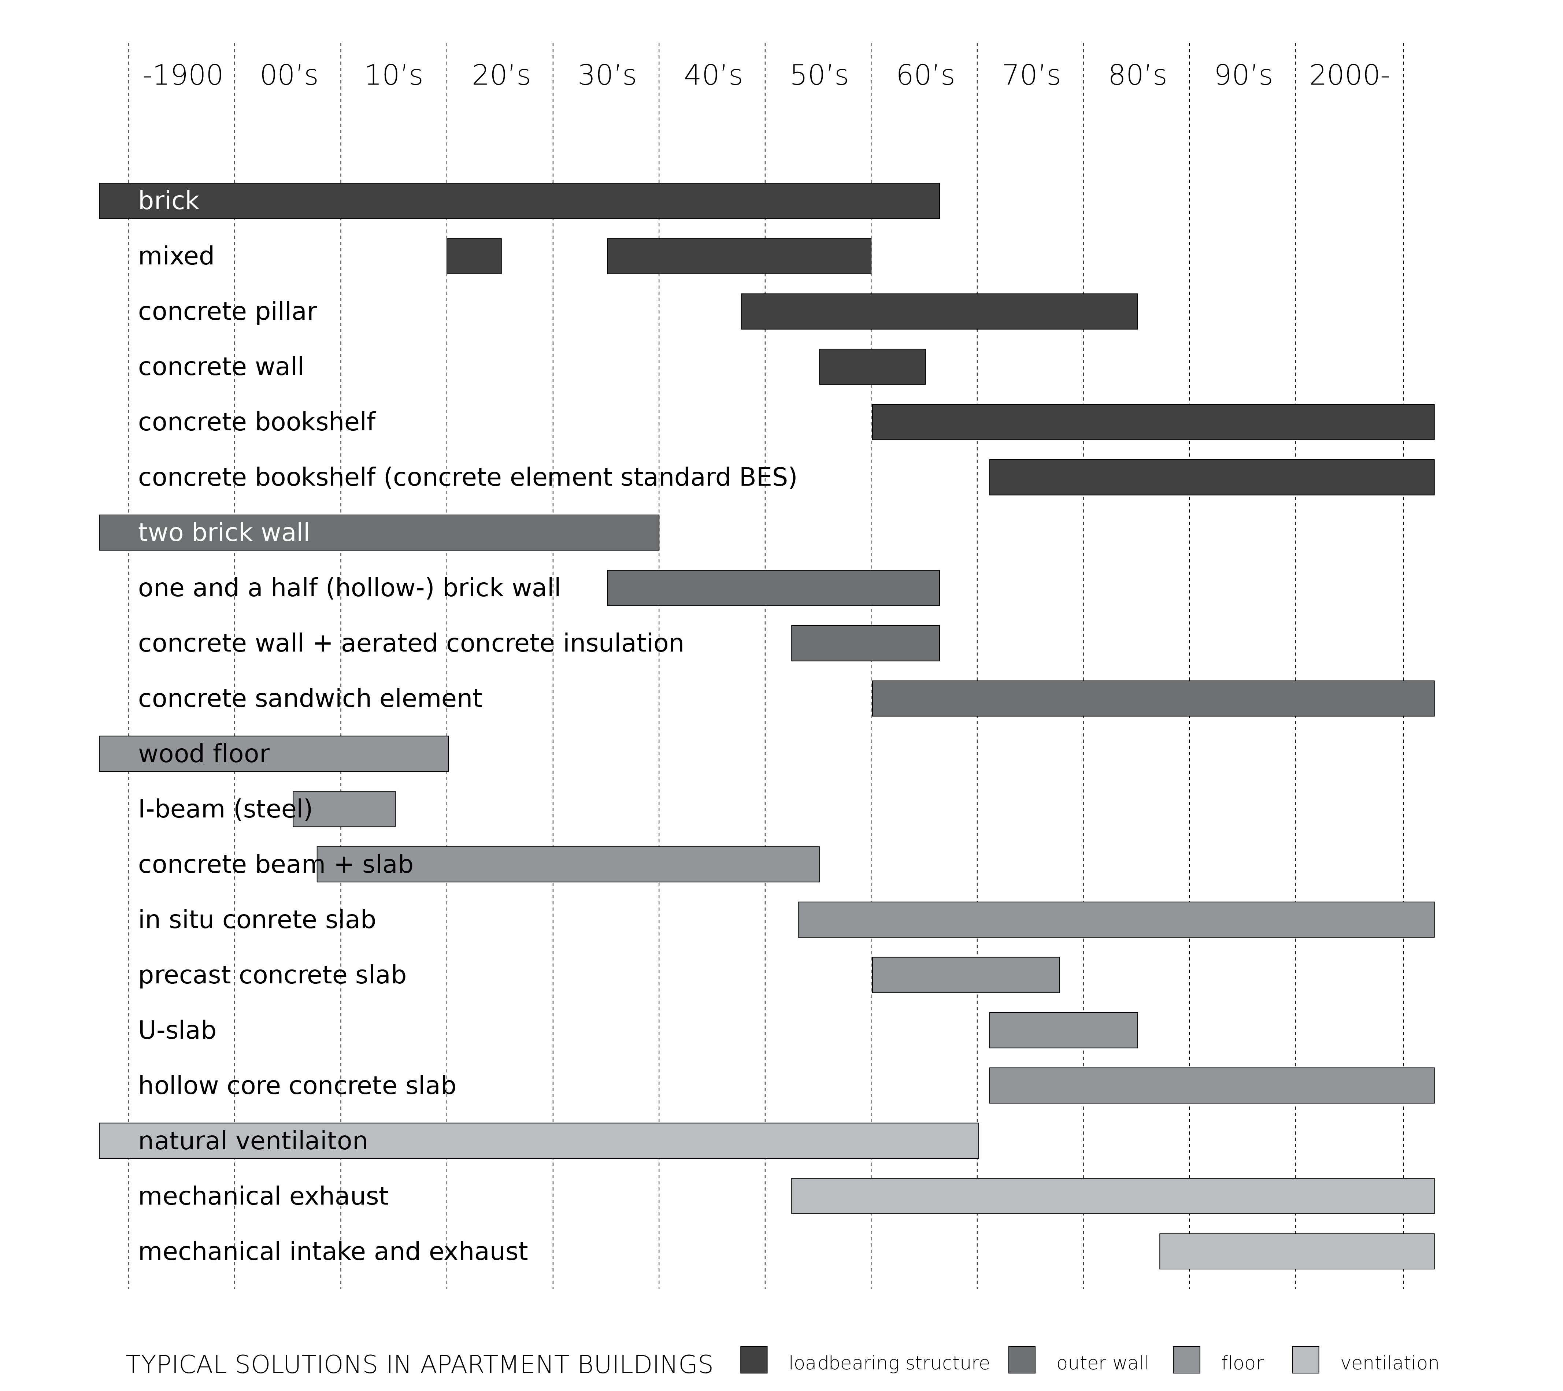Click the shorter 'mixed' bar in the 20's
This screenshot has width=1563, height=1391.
pyautogui.click(x=474, y=256)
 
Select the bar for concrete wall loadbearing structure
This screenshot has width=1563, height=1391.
pyautogui.click(x=873, y=367)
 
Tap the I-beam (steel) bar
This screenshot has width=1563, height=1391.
pyautogui.click(x=344, y=809)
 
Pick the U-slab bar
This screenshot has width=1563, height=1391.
pyautogui.click(x=1064, y=1030)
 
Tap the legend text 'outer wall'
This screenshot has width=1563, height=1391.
pyautogui.click(x=1103, y=1363)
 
